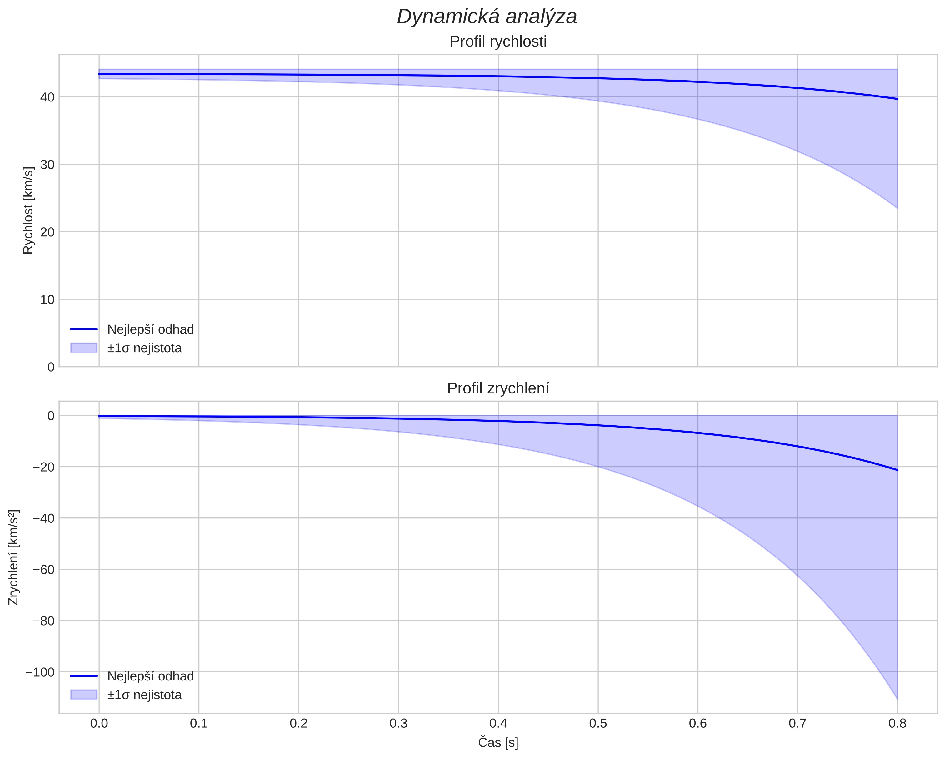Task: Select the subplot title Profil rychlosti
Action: (x=498, y=42)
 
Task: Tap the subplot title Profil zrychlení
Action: (x=498, y=388)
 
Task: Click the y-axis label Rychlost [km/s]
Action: (x=28, y=210)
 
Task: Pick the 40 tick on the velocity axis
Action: (x=47, y=97)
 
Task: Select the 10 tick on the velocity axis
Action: (x=47, y=300)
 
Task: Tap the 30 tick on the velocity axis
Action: (x=47, y=165)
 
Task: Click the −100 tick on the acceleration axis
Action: (x=40, y=672)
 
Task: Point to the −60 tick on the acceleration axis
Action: (x=43, y=570)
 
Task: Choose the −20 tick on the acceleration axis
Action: (x=43, y=467)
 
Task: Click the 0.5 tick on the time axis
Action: (x=598, y=723)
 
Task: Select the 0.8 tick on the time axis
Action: (x=897, y=723)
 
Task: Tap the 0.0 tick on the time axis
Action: (x=99, y=723)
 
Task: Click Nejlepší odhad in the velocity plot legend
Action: (x=150, y=329)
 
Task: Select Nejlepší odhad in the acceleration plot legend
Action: (x=150, y=676)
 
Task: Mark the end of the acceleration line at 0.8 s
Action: (x=897, y=470)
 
